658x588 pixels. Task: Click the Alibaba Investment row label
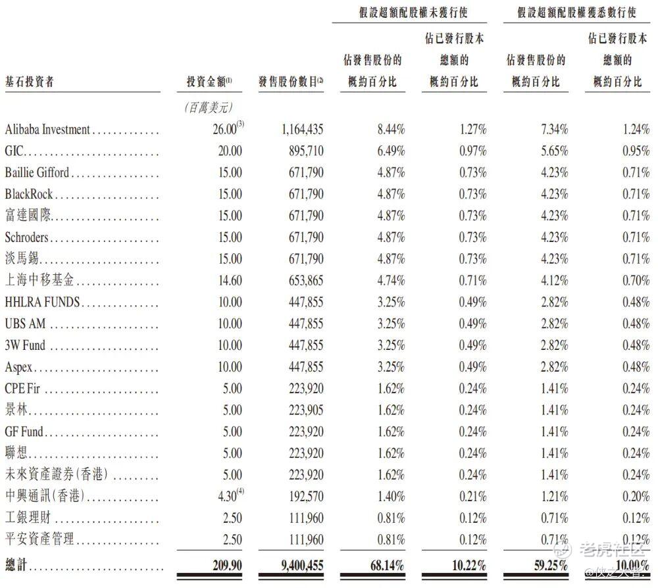click(x=47, y=130)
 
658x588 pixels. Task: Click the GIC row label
click(x=14, y=151)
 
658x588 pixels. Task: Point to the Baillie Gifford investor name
click(x=37, y=173)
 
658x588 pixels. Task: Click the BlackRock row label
click(x=29, y=194)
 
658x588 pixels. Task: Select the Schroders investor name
click(x=26, y=237)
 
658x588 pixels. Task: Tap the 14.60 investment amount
click(x=230, y=281)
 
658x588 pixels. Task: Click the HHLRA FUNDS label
click(x=42, y=303)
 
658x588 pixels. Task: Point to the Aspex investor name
click(x=18, y=367)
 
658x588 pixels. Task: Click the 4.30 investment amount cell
click(x=228, y=497)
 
